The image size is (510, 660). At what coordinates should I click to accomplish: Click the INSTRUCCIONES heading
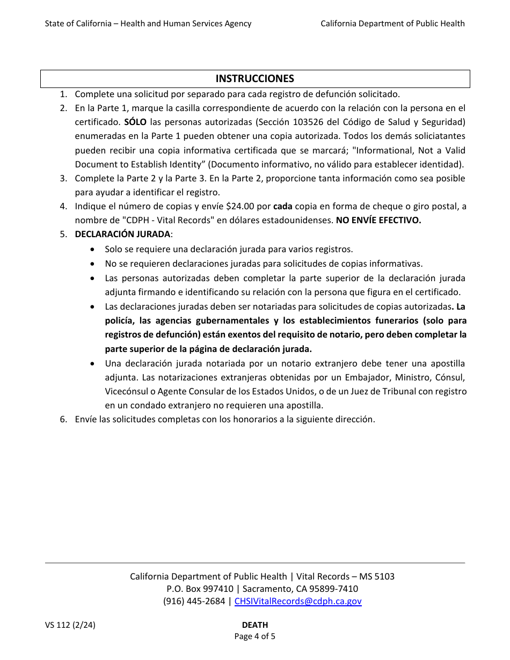point(254,79)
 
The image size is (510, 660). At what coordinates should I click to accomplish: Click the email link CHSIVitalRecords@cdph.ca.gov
point(298,602)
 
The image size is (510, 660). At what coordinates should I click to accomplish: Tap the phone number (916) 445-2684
point(194,602)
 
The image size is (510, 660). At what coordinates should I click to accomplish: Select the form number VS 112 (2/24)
point(70,625)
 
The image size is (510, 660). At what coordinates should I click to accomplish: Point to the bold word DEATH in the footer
point(254,625)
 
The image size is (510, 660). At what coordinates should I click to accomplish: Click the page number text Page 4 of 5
point(254,637)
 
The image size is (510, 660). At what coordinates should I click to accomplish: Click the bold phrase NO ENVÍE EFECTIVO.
point(378,221)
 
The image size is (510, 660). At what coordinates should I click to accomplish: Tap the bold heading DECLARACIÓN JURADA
point(122,234)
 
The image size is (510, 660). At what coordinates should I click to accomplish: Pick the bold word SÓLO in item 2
point(135,122)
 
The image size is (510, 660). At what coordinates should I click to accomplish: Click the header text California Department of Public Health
point(392,24)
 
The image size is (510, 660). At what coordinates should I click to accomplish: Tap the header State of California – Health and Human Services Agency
point(148,24)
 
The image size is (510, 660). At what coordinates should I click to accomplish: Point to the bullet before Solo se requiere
point(94,250)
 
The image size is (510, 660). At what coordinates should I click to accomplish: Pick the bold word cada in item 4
point(282,207)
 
